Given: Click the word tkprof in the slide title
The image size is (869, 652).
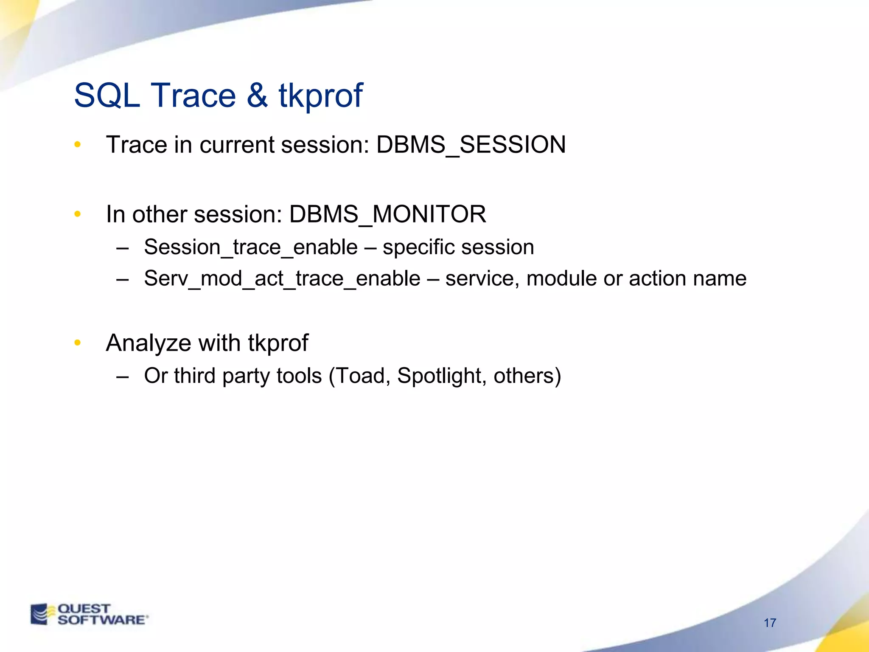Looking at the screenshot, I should [320, 96].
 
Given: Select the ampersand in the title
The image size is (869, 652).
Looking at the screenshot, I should [257, 95].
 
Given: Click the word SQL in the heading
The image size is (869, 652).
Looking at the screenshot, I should [107, 95].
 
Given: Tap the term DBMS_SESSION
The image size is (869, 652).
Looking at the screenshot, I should [471, 145].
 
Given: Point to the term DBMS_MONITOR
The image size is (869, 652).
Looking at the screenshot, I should [387, 214].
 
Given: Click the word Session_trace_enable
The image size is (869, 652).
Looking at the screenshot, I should [251, 247].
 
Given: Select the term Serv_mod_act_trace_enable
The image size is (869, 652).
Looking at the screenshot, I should [282, 279].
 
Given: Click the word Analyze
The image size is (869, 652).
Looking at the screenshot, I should [148, 343].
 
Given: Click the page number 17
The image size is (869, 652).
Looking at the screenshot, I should [770, 623].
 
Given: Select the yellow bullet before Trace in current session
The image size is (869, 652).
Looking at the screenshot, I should [77, 145].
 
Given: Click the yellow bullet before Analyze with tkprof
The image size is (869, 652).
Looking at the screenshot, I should [77, 343].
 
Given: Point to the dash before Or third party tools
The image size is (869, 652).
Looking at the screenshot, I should [122, 377].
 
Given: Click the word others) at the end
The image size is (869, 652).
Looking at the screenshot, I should [527, 376].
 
